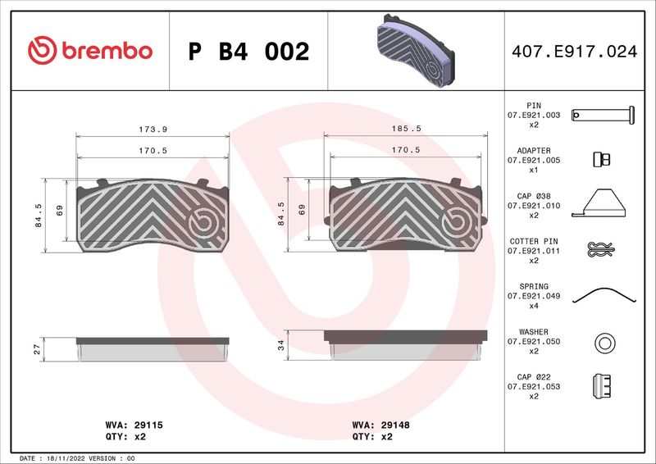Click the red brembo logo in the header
click(x=90, y=50)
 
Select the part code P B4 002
click(x=248, y=52)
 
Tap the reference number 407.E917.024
click(x=575, y=52)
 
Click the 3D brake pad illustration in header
click(x=416, y=51)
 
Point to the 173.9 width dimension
click(x=153, y=130)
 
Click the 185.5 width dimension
click(x=406, y=129)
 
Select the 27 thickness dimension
click(x=37, y=349)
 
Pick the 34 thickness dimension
click(x=280, y=345)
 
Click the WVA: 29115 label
click(x=134, y=425)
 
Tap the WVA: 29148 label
click(x=380, y=425)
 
